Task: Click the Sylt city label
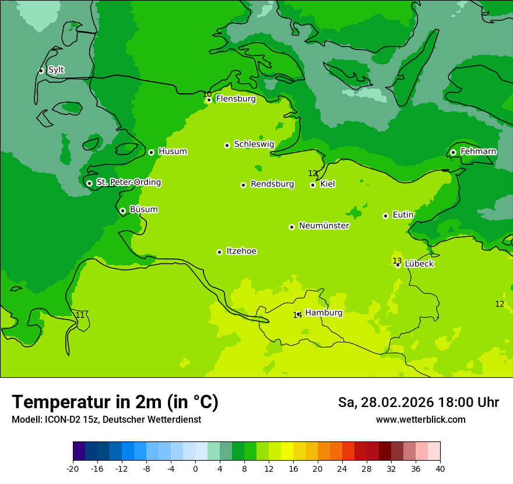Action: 56,70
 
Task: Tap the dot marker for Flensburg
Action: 209,100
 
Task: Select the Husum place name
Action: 173,152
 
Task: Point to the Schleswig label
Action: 254,144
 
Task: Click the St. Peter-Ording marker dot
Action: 89,183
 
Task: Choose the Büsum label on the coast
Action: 143,209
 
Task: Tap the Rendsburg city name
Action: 272,184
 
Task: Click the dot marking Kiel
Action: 312,185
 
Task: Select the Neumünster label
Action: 324,226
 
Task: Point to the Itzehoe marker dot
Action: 219,252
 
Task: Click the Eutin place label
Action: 403,215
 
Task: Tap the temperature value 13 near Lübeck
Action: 397,261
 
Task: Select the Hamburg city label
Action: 324,313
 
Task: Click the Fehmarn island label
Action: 478,152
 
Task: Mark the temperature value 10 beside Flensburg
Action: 207,94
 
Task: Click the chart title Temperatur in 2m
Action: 115,402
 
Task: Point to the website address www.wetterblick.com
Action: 420,420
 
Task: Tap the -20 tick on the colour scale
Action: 73,469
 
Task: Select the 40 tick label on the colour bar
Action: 440,469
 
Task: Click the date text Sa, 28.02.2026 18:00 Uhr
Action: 418,402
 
